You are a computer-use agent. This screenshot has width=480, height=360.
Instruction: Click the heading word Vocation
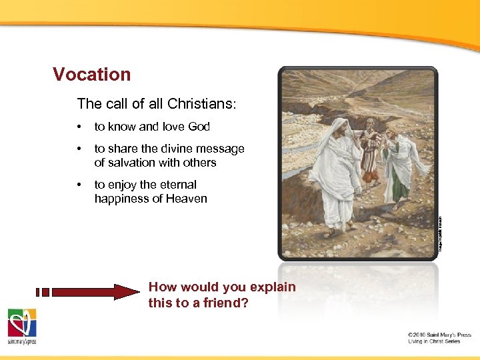click(x=92, y=74)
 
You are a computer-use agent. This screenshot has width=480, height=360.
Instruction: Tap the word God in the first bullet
click(x=199, y=127)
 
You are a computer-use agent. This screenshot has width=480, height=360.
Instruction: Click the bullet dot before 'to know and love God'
click(x=79, y=127)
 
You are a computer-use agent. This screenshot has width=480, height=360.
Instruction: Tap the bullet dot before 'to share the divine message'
click(x=79, y=149)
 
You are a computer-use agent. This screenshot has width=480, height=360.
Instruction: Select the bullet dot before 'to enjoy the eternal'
click(x=79, y=185)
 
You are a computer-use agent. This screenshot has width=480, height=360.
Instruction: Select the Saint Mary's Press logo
click(x=22, y=326)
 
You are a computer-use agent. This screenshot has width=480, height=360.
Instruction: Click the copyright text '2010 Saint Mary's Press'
click(x=439, y=334)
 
